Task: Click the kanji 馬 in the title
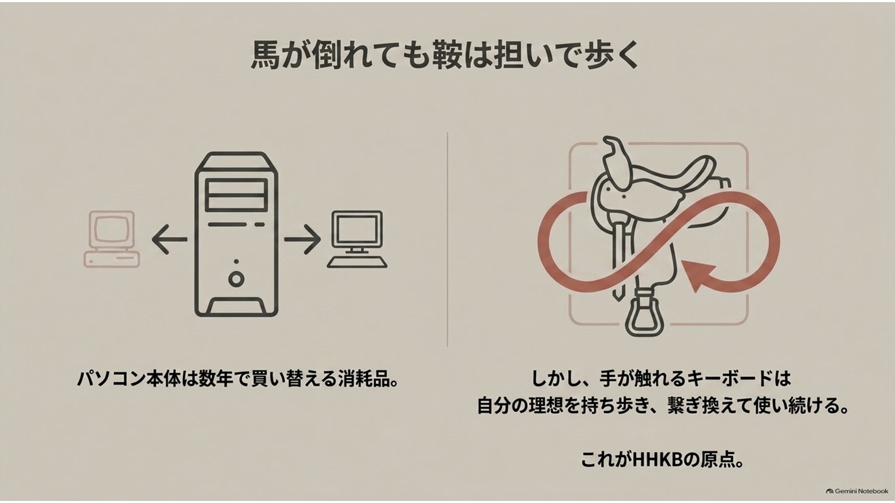click(265, 56)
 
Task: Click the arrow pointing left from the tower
click(169, 239)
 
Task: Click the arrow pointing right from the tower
click(303, 239)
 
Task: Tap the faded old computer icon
click(112, 239)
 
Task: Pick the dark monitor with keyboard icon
click(357, 239)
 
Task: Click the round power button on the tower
click(236, 279)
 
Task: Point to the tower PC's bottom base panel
click(236, 306)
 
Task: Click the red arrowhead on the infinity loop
click(699, 275)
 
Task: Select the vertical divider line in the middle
click(448, 239)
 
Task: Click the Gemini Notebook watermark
click(857, 491)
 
